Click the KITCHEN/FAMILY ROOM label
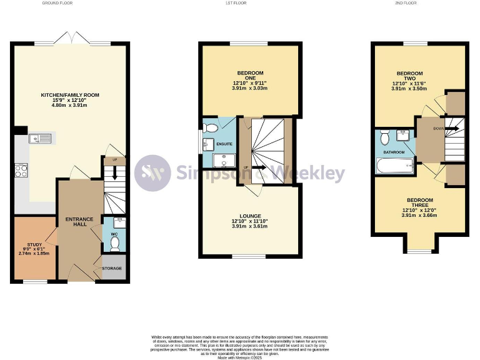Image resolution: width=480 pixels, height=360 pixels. (x=70, y=95)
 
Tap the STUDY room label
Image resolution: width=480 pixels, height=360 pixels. (x=34, y=244)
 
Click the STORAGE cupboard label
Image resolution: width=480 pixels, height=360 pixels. (x=112, y=268)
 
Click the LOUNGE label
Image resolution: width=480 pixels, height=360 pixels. (x=249, y=216)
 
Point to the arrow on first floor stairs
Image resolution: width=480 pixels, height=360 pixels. (x=257, y=167)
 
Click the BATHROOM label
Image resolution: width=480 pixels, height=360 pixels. (x=394, y=152)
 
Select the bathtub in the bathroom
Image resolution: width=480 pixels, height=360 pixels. (x=394, y=166)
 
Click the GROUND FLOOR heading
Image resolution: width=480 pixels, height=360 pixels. (x=56, y=3)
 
